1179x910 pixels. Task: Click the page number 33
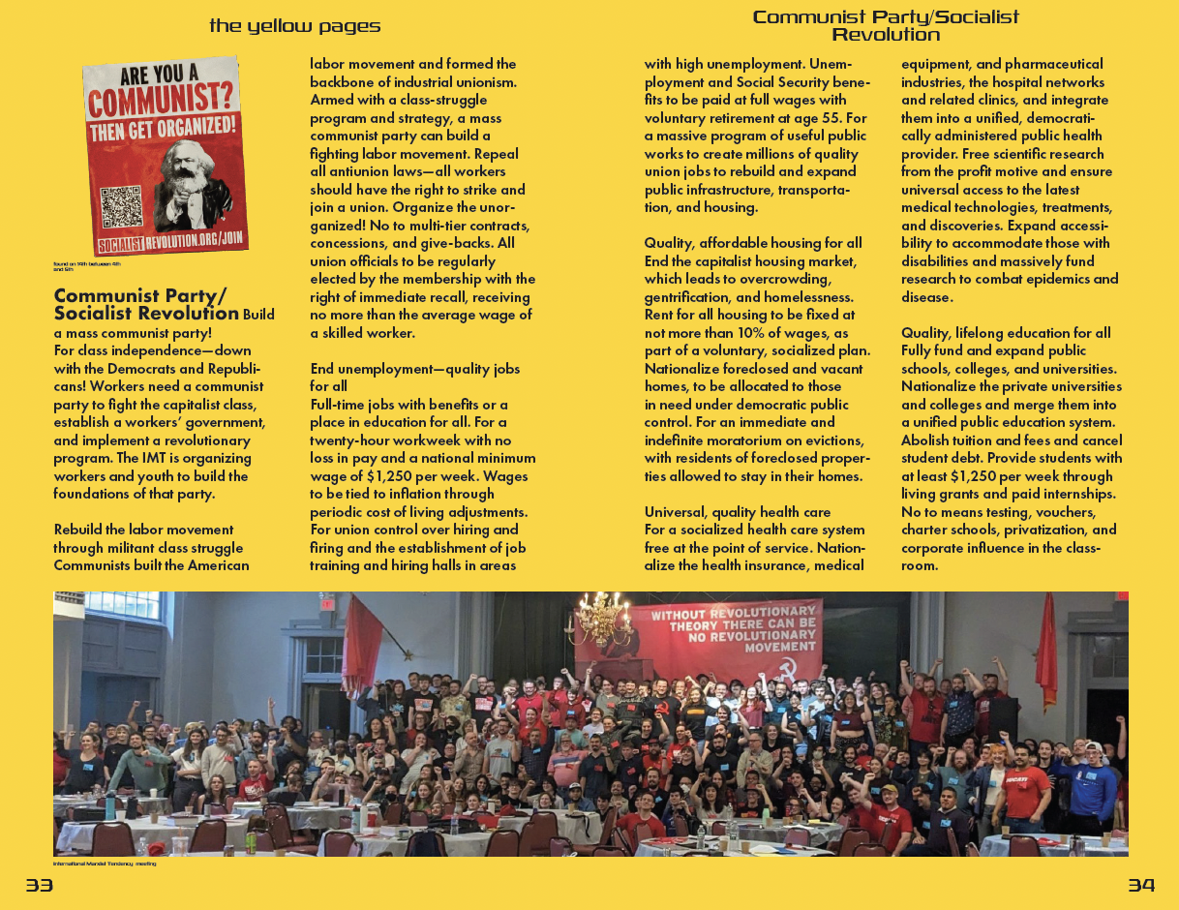tap(39, 886)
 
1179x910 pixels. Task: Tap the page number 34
tap(1141, 886)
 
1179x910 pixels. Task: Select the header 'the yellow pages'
tap(294, 26)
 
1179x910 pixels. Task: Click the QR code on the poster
tap(122, 206)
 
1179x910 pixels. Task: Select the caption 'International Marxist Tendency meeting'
tap(105, 864)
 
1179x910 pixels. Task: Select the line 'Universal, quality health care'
tap(738, 512)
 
